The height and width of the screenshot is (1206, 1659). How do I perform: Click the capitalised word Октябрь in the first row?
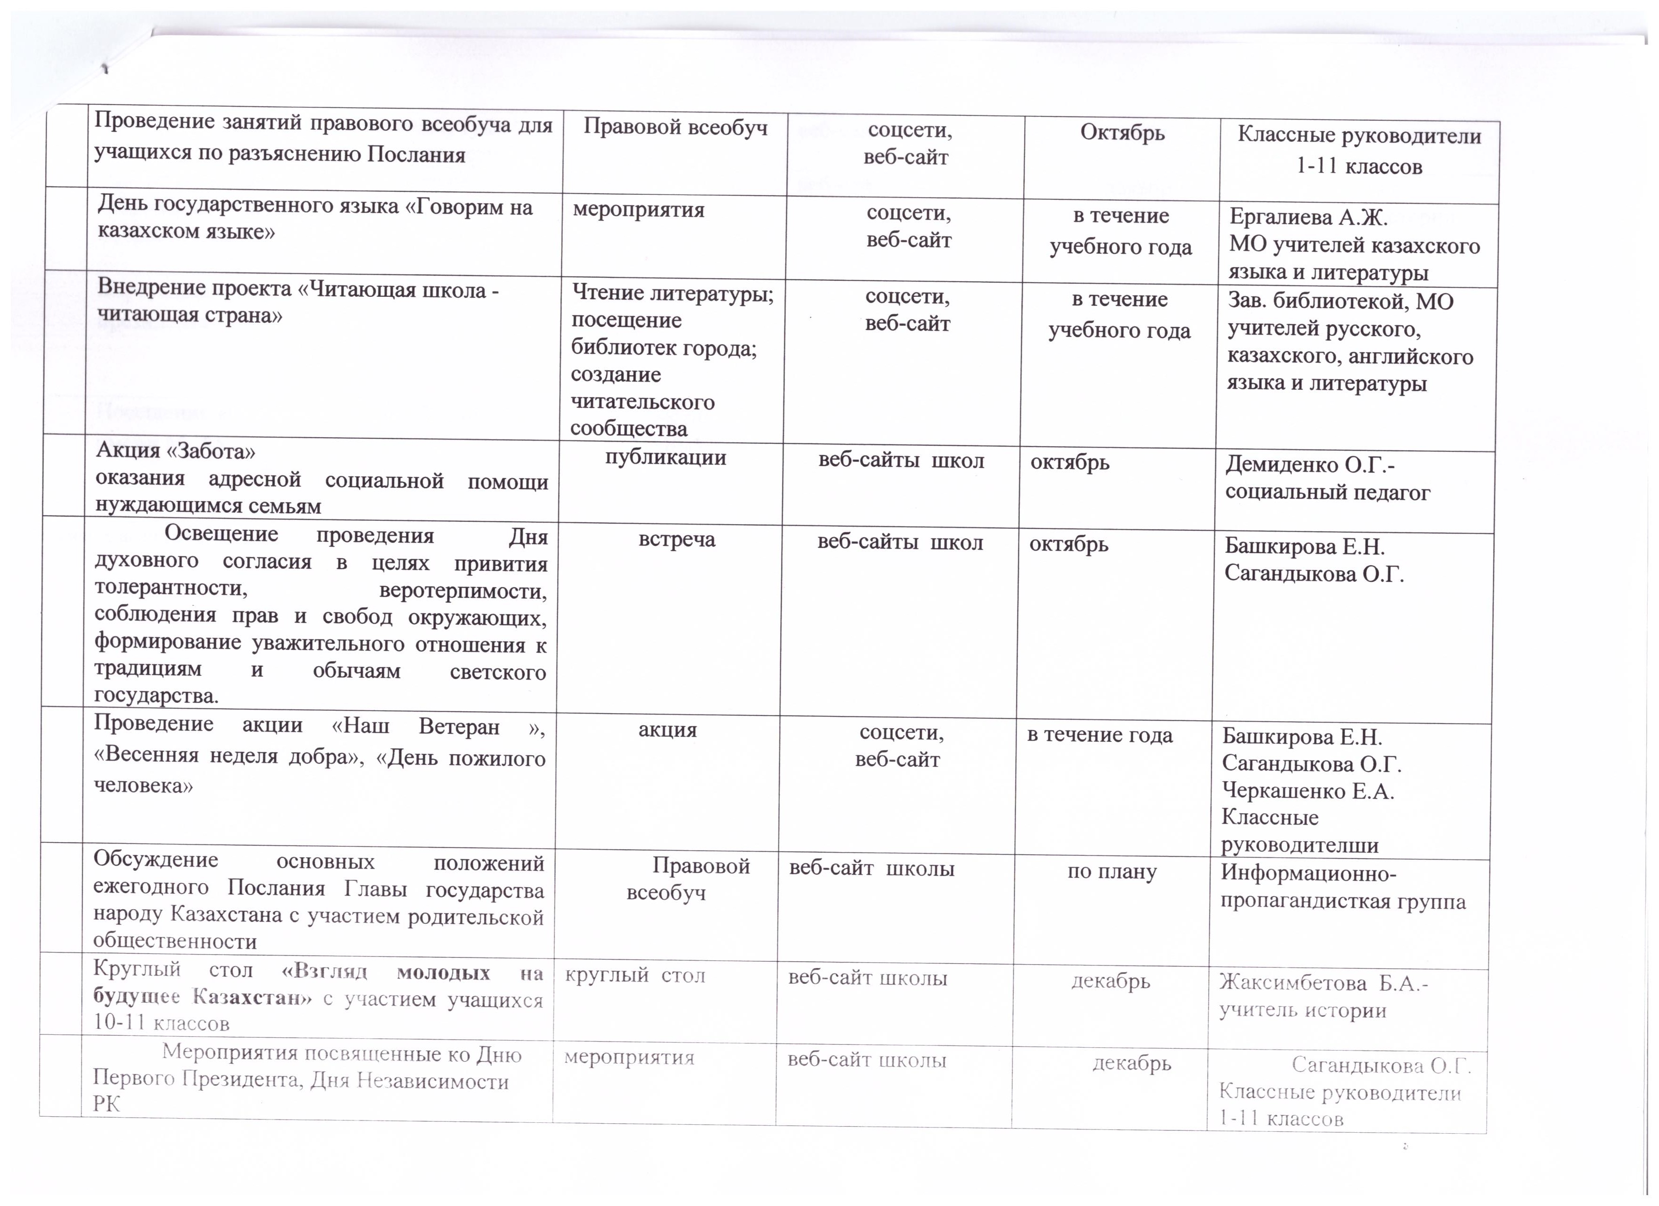(x=1122, y=134)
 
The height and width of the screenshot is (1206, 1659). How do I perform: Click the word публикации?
(x=665, y=458)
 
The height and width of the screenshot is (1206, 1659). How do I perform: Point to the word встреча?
(x=677, y=540)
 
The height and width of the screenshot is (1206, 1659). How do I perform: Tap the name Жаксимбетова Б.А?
(x=1322, y=984)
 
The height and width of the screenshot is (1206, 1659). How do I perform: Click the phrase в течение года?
(x=1099, y=735)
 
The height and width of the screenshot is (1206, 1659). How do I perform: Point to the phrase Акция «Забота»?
(x=175, y=451)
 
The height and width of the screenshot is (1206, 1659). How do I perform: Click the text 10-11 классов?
(x=161, y=1023)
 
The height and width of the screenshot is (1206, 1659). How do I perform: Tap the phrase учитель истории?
(x=1302, y=1011)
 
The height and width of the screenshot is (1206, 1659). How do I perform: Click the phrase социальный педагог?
(x=1328, y=493)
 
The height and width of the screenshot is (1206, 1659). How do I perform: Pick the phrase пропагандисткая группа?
(x=1343, y=901)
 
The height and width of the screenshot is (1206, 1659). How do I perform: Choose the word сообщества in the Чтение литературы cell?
(x=628, y=429)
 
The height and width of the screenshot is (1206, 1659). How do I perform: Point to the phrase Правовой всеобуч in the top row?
(x=675, y=129)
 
